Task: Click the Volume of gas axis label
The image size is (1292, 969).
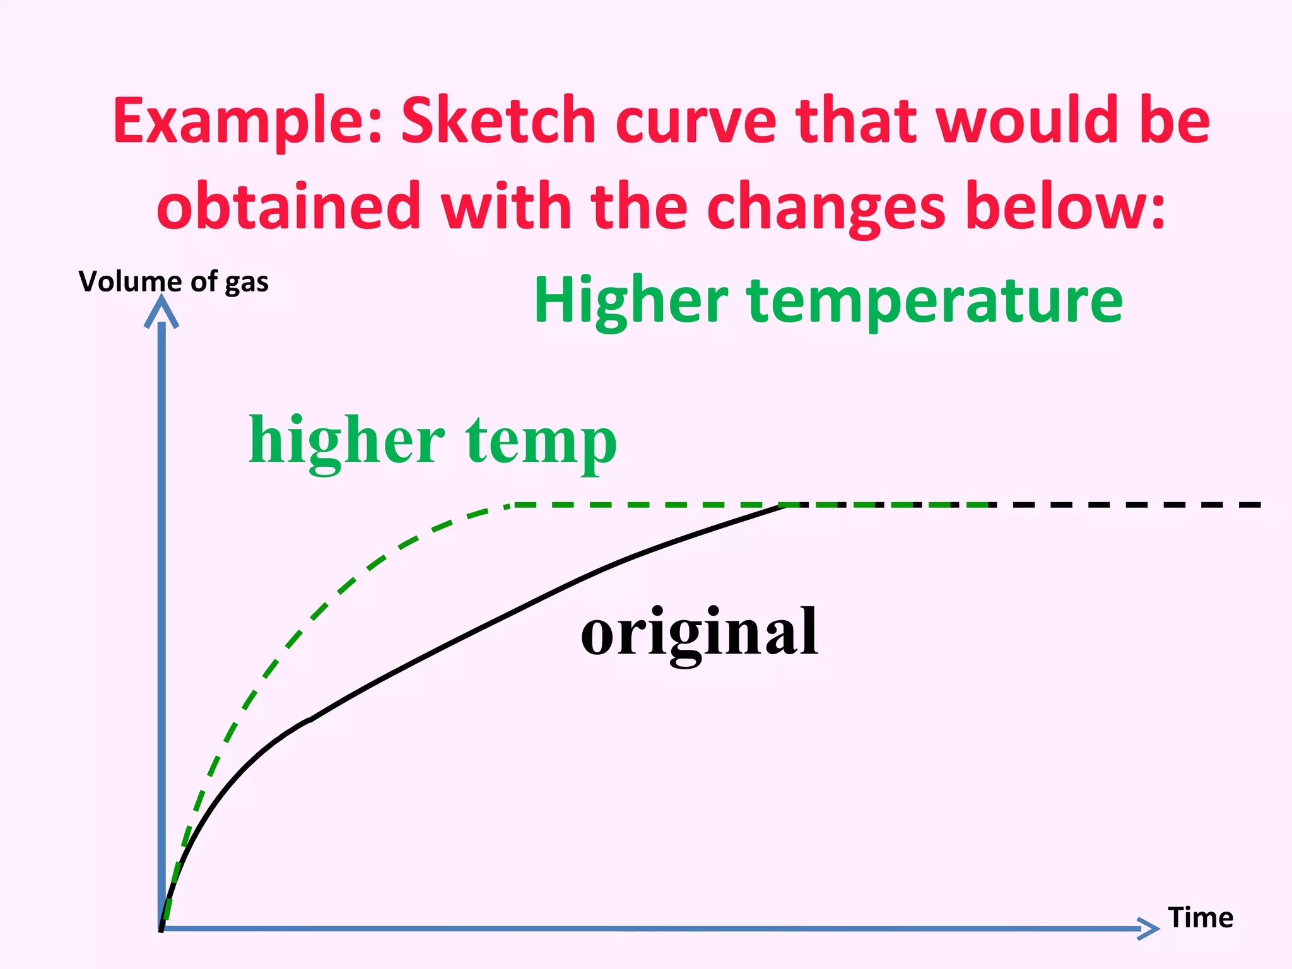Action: coord(173,281)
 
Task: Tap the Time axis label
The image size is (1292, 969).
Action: coord(1201,917)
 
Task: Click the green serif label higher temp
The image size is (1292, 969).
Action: coord(433,441)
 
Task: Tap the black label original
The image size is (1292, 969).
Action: coord(699,631)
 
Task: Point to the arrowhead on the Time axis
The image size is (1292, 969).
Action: coord(1149,928)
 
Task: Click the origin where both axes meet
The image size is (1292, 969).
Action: coord(162,928)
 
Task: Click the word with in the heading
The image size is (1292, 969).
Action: coord(505,206)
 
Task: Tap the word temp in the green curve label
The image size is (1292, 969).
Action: coord(541,441)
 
